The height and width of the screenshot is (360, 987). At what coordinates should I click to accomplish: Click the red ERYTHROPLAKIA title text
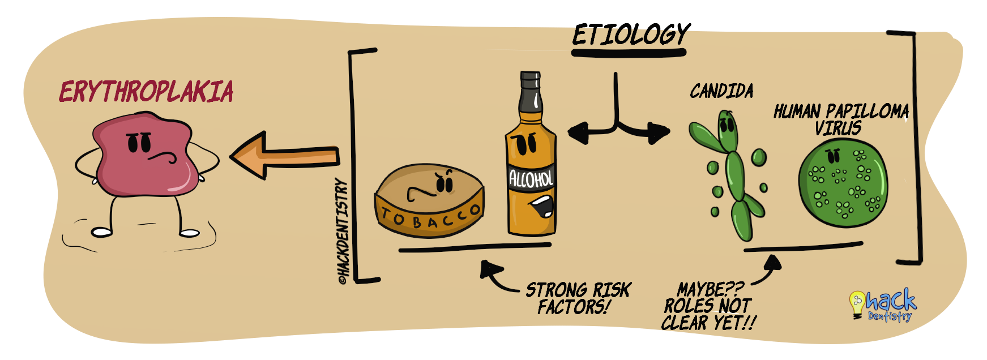[x=146, y=92]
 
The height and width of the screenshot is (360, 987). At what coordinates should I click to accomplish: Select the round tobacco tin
[x=429, y=200]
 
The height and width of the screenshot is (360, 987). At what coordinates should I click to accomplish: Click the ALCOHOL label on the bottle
[x=531, y=179]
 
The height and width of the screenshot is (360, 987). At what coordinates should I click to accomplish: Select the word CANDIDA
[x=721, y=91]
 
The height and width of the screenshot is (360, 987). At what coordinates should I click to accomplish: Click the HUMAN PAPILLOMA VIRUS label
[x=841, y=119]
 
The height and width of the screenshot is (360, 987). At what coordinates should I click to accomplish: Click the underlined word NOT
[x=734, y=306]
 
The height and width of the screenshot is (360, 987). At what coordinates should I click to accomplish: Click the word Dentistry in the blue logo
[x=890, y=316]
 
